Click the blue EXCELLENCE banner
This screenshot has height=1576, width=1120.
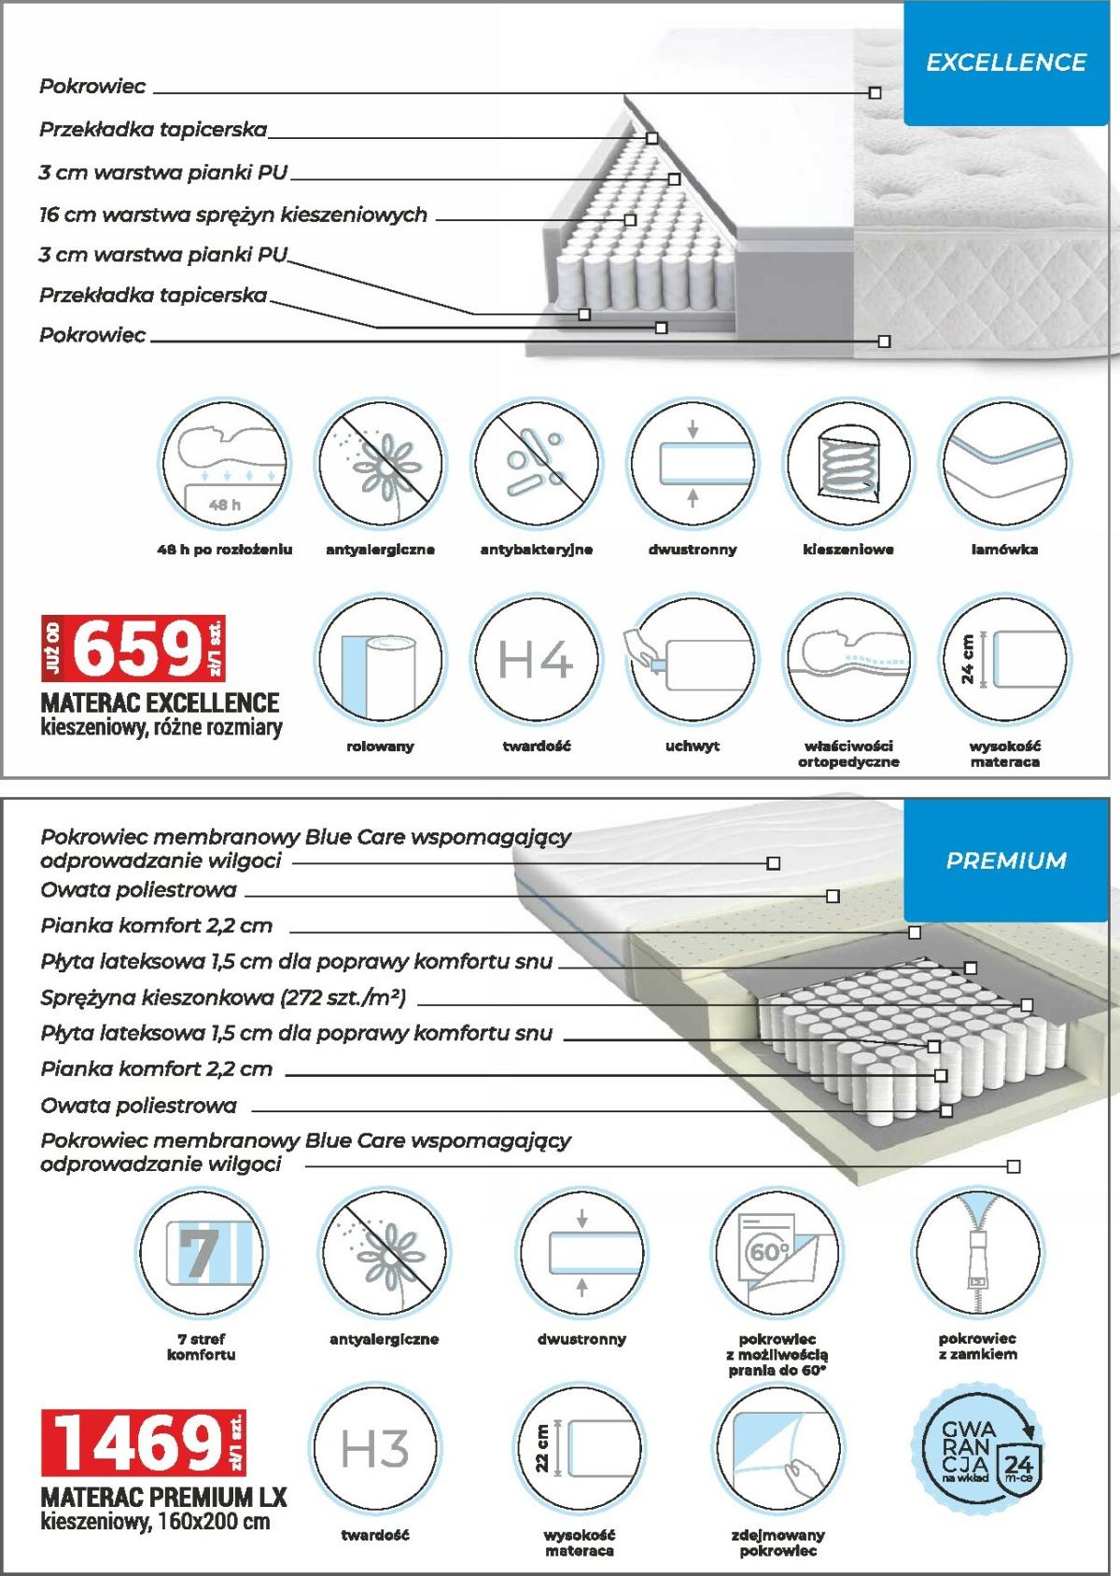pyautogui.click(x=1005, y=63)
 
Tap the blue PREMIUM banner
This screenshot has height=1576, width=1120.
pyautogui.click(x=1005, y=860)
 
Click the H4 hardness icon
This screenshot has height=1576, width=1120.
pyautogui.click(x=535, y=660)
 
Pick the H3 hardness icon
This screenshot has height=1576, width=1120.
pyautogui.click(x=374, y=1448)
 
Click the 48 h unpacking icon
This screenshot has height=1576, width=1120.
pyautogui.click(x=224, y=464)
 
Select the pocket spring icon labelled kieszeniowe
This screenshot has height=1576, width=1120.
pyautogui.click(x=847, y=464)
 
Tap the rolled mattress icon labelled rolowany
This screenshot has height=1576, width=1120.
pyautogui.click(x=380, y=660)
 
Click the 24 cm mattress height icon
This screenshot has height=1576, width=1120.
pyautogui.click(x=1004, y=660)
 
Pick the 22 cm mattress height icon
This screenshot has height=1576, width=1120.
pyautogui.click(x=579, y=1448)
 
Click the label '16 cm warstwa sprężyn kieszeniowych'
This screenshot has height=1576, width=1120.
pyautogui.click(x=233, y=216)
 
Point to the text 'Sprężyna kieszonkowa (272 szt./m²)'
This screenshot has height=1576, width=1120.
pyautogui.click(x=223, y=997)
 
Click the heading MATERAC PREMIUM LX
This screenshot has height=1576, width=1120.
pyautogui.click(x=164, y=1498)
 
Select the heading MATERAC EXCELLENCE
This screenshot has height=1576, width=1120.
pyautogui.click(x=160, y=703)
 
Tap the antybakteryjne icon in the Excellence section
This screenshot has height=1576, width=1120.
pyautogui.click(x=536, y=464)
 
